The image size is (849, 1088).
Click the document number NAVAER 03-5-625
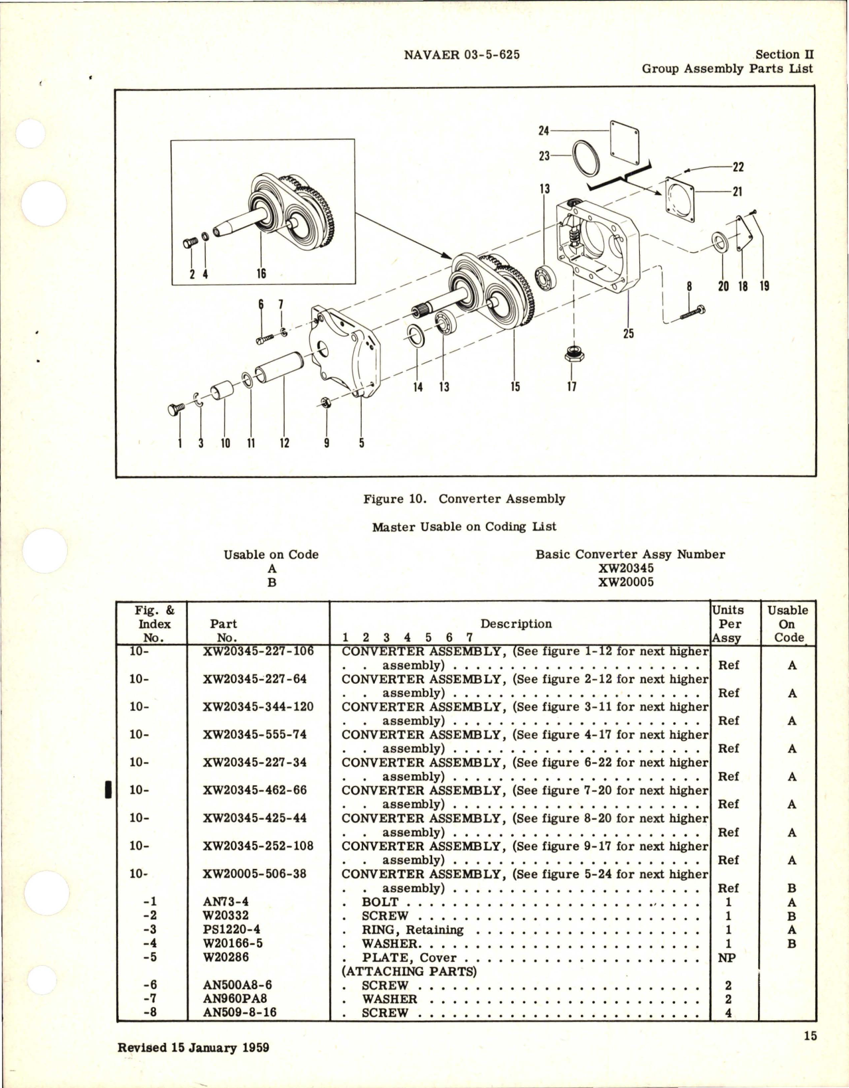[x=461, y=55]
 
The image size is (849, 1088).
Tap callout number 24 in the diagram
[x=543, y=131]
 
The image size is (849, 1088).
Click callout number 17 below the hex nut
[x=572, y=386]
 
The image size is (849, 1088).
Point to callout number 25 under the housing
[x=628, y=333]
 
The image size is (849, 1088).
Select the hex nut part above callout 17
[x=572, y=353]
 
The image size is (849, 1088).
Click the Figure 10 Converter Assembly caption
[x=464, y=499]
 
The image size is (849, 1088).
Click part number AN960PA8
[x=236, y=999]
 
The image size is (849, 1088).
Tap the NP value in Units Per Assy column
[x=728, y=958]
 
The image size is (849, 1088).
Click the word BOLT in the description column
[x=380, y=902]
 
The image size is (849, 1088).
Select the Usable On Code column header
[x=787, y=624]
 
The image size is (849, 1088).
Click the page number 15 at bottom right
[x=810, y=1036]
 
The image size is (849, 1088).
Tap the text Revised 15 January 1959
[x=193, y=1048]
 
